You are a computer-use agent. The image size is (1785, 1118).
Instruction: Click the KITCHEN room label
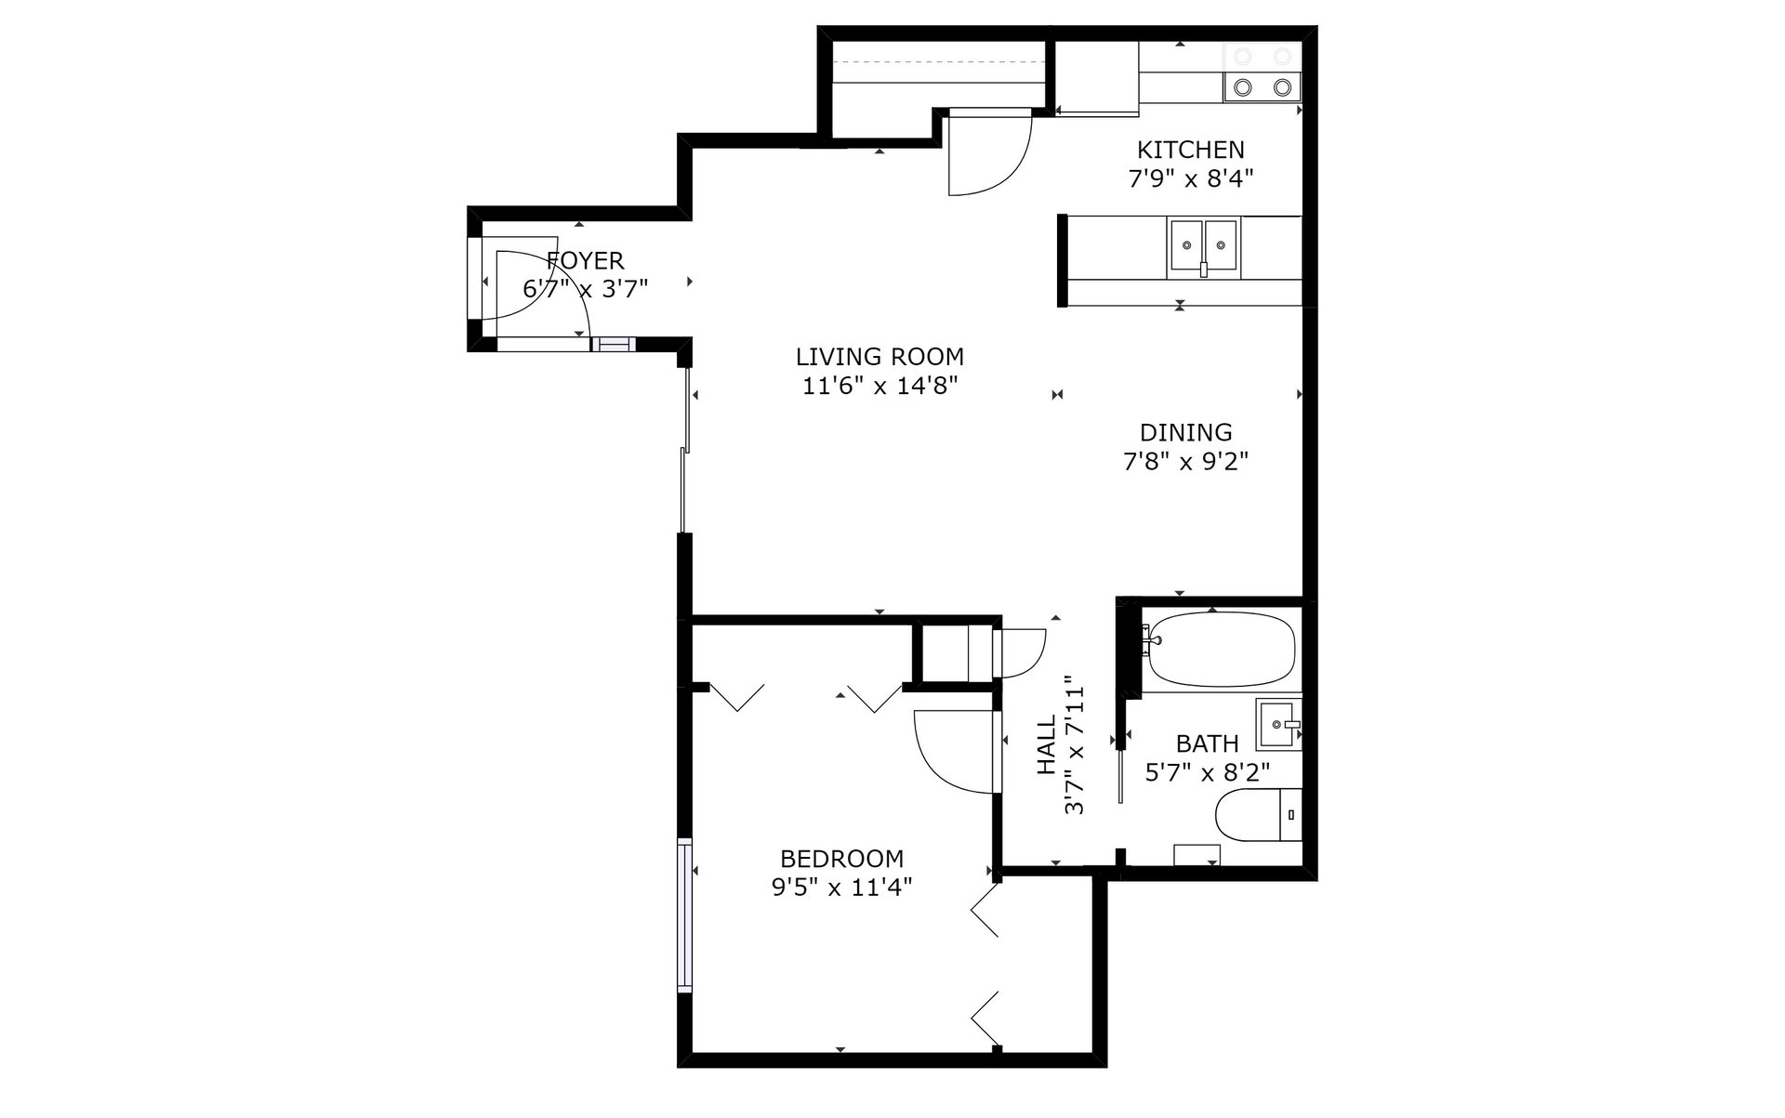pyautogui.click(x=1191, y=150)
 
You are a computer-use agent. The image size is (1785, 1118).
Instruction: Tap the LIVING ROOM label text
pyautogui.click(x=879, y=357)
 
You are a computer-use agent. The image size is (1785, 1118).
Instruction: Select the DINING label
pyautogui.click(x=1186, y=432)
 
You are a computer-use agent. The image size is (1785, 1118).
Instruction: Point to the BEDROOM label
pyautogui.click(x=842, y=859)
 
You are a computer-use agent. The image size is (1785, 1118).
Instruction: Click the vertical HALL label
pyautogui.click(x=1047, y=744)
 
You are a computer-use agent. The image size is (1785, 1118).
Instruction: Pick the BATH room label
pyautogui.click(x=1208, y=743)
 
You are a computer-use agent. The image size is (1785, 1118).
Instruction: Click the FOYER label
pyautogui.click(x=586, y=260)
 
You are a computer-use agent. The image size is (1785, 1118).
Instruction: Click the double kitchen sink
pyautogui.click(x=1203, y=248)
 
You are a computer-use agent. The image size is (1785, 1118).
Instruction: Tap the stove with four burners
pyautogui.click(x=1263, y=72)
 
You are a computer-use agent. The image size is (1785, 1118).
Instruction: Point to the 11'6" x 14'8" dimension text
pyautogui.click(x=879, y=386)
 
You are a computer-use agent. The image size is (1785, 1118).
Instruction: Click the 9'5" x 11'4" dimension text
pyautogui.click(x=842, y=888)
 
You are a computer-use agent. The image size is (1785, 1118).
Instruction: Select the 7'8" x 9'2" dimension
pyautogui.click(x=1186, y=461)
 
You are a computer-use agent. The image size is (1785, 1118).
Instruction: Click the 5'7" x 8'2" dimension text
pyautogui.click(x=1208, y=772)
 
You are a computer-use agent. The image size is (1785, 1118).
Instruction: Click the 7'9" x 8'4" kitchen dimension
pyautogui.click(x=1191, y=178)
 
